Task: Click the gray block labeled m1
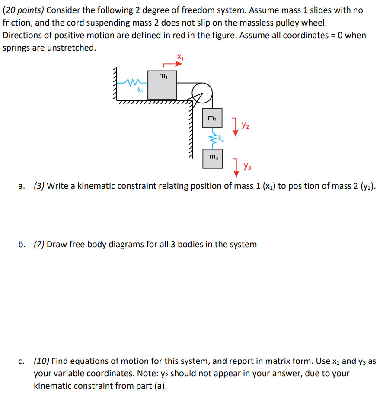pyautogui.click(x=162, y=85)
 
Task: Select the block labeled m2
pyautogui.click(x=212, y=118)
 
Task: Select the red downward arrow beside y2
pyautogui.click(x=235, y=127)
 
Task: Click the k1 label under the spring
pyautogui.click(x=140, y=90)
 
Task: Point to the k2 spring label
pyautogui.click(x=221, y=139)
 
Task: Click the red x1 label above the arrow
pyautogui.click(x=180, y=56)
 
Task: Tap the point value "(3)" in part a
pyautogui.click(x=39, y=186)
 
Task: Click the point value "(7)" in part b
pyautogui.click(x=39, y=245)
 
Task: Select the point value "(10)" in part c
pyautogui.click(x=41, y=361)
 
